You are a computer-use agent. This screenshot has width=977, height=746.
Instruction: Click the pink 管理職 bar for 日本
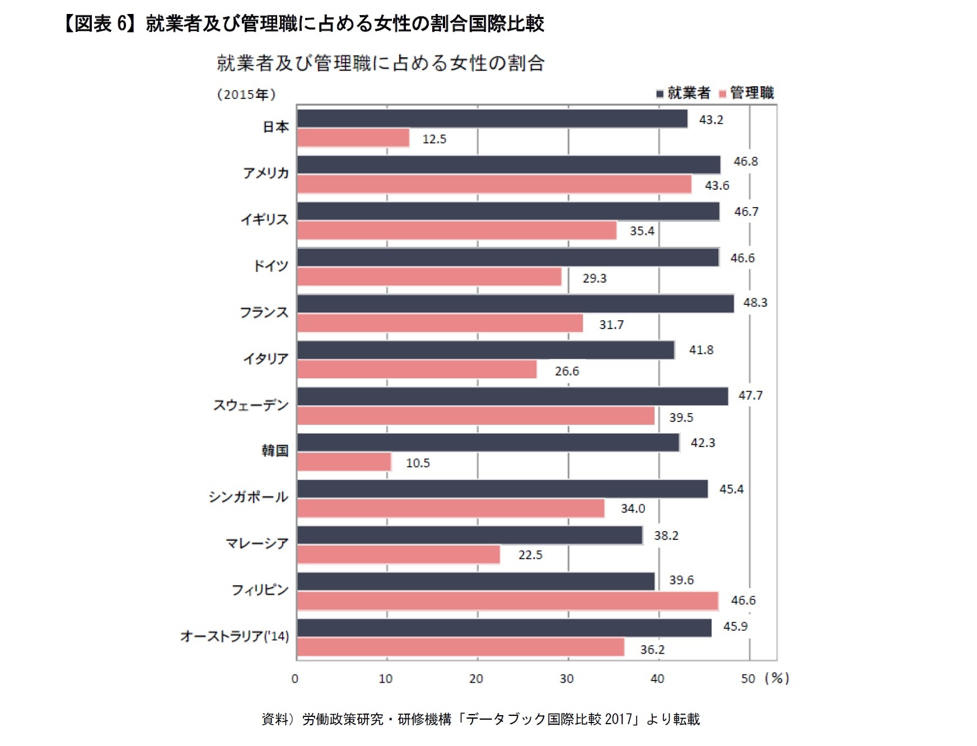click(353, 138)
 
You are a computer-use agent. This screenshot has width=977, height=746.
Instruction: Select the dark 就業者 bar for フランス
click(515, 304)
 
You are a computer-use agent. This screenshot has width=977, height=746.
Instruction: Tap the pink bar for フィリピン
click(507, 601)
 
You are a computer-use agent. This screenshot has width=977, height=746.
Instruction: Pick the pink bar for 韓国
click(344, 462)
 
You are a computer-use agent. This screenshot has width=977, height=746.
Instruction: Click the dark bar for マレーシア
click(469, 536)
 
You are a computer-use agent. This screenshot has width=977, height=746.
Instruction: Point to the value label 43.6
click(717, 185)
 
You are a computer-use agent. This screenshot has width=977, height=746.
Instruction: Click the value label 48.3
click(755, 303)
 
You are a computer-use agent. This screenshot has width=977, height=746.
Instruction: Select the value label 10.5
click(418, 463)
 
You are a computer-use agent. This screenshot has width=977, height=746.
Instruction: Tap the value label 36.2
click(652, 650)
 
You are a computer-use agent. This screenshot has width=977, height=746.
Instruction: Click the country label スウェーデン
click(251, 405)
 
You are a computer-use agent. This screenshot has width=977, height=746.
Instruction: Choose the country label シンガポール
click(248, 497)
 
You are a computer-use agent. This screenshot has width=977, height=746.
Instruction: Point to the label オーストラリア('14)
click(235, 636)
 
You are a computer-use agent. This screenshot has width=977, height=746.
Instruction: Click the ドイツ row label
click(270, 266)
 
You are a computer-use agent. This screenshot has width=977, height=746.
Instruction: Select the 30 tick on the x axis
click(567, 679)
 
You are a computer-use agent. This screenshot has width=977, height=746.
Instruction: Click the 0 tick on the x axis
click(295, 679)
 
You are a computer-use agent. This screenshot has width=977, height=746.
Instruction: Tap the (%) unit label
click(777, 678)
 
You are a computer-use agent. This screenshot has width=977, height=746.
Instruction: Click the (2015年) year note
click(246, 95)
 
